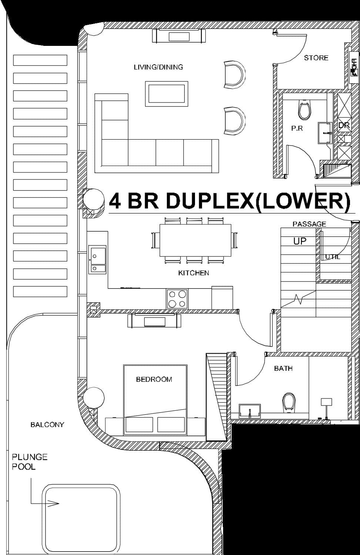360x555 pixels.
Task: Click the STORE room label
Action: pos(316,58)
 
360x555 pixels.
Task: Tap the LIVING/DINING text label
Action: pos(158,67)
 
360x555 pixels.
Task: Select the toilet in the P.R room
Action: pos(304,110)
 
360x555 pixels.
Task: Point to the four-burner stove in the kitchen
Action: pos(177,299)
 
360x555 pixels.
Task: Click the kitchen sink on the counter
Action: pos(97,259)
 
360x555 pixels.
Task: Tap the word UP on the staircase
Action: pos(300,241)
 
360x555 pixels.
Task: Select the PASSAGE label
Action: pos(309,224)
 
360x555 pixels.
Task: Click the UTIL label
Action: pos(332,257)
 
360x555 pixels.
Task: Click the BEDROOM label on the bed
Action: pos(154,379)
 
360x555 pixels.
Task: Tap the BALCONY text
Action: pos(47,425)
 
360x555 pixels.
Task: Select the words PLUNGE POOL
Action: pos(30,462)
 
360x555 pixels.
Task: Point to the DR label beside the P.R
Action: pos(344,125)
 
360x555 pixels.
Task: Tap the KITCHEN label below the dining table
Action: pos(194,273)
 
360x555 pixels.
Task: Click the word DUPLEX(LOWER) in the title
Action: pos(258,201)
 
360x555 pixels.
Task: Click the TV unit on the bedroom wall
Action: pos(154,320)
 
